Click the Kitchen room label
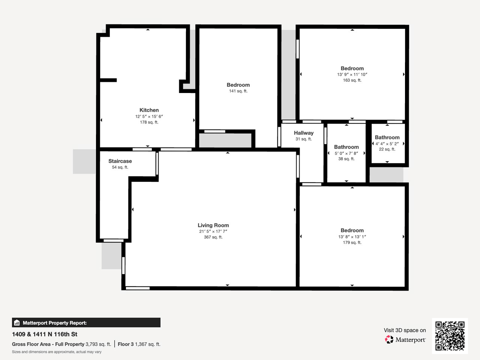[x=149, y=110]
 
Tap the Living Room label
[x=213, y=225]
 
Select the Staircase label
[x=120, y=161]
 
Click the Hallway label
[x=303, y=133]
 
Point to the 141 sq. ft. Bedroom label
[x=238, y=85]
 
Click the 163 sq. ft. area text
[x=352, y=80]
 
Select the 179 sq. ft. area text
[x=352, y=243]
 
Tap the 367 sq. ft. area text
[x=213, y=237]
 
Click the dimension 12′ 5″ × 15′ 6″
[x=149, y=117]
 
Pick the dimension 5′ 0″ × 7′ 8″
[x=346, y=153]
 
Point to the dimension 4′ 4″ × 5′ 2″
[x=387, y=144]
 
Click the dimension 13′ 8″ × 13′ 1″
[x=352, y=237]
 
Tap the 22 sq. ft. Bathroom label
[x=387, y=138]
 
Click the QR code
[x=450, y=336]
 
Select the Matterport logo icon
[x=389, y=340]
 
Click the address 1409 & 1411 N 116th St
[x=45, y=334]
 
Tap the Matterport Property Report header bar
[x=86, y=322]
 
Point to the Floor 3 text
[x=126, y=344]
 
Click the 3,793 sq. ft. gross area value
[x=98, y=344]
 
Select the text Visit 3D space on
[x=405, y=330]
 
